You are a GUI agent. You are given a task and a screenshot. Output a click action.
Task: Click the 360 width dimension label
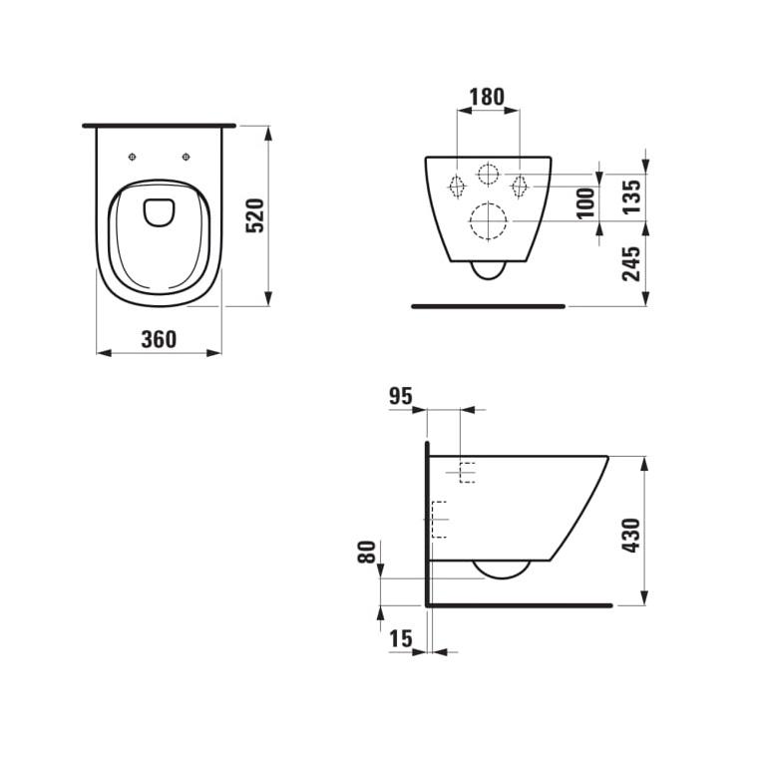(x=159, y=339)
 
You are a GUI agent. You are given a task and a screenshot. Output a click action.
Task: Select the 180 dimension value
(x=487, y=97)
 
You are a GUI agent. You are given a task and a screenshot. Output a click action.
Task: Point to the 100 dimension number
(x=586, y=202)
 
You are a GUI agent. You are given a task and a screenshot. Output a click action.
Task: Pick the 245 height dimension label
(x=631, y=263)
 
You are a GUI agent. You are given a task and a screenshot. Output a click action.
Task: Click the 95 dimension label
(x=400, y=396)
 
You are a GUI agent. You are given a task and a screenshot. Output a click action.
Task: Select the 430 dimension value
(x=631, y=535)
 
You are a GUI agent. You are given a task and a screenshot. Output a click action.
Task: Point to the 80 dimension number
(x=367, y=553)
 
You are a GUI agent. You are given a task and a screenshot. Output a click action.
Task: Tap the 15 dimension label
(x=401, y=639)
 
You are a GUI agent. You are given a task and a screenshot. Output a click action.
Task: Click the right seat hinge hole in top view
(x=186, y=156)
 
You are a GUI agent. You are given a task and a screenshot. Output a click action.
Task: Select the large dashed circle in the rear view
(x=488, y=221)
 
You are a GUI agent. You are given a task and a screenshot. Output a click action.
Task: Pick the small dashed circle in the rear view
(x=488, y=175)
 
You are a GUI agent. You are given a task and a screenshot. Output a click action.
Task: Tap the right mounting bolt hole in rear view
(x=519, y=186)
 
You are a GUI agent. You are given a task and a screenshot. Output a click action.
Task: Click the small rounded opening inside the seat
(x=159, y=211)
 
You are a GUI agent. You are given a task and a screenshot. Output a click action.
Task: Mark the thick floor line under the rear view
(x=488, y=306)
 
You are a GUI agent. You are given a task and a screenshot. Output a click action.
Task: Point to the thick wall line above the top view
(x=159, y=126)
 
